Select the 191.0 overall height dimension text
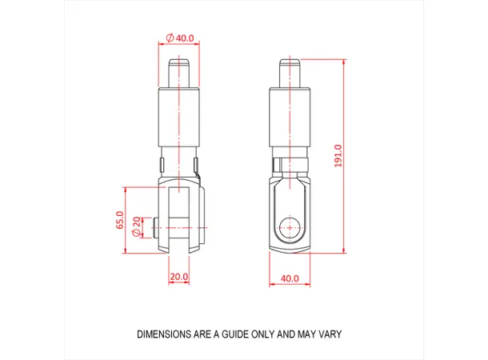pyautogui.click(x=338, y=156)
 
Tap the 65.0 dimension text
pyautogui.click(x=120, y=220)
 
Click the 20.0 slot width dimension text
pyautogui.click(x=178, y=278)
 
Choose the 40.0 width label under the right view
pyautogui.click(x=289, y=278)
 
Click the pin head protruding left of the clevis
pyautogui.click(x=159, y=228)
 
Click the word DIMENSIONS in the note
pyautogui.click(x=164, y=334)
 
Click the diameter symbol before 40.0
pyautogui.click(x=170, y=38)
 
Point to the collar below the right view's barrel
pyautogui.click(x=289, y=165)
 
